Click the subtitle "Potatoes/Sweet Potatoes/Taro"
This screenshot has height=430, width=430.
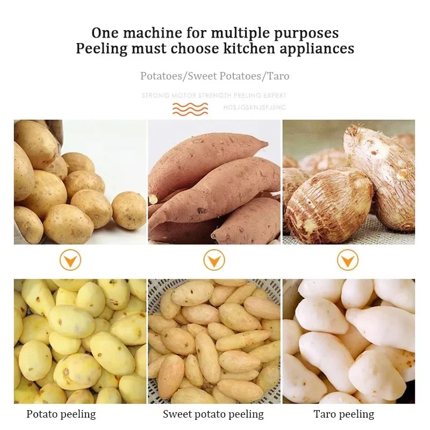click(215, 76)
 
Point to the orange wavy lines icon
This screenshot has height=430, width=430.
click(190, 109)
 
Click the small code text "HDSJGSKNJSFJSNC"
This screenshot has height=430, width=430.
click(254, 107)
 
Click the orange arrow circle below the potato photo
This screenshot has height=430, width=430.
click(70, 261)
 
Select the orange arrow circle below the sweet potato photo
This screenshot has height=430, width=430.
click(214, 261)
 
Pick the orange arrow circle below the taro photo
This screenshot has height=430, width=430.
click(348, 261)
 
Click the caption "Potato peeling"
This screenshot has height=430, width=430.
click(61, 414)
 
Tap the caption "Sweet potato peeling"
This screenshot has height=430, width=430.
click(213, 414)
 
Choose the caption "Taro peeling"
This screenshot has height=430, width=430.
click(344, 414)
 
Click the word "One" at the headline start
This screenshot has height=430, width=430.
click(105, 33)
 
